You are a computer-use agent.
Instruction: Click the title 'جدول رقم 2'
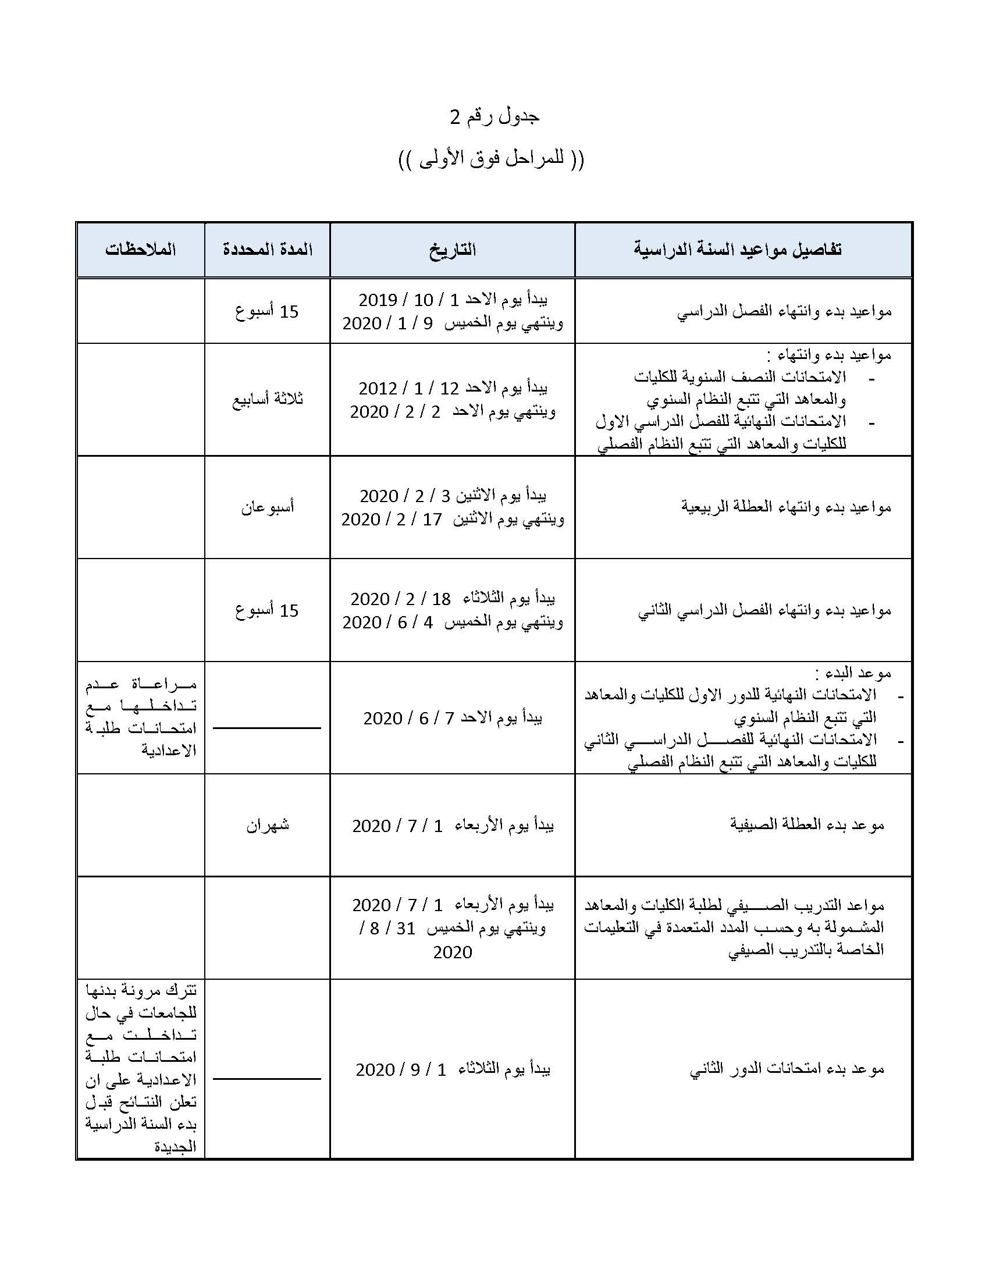(494, 117)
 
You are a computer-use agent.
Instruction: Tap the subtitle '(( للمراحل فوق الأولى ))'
(491, 159)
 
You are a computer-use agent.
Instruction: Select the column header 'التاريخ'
(452, 250)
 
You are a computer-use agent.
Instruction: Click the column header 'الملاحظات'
(141, 250)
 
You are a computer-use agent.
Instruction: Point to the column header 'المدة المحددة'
(267, 250)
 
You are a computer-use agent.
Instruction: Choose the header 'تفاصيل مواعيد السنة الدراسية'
(738, 250)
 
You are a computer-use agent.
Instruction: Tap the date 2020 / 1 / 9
(387, 323)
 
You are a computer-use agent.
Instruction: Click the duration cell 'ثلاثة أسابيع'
(267, 400)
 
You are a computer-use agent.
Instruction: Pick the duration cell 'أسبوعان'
(267, 507)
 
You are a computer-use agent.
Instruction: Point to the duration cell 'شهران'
(267, 825)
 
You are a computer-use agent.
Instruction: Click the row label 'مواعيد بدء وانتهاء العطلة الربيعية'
(786, 507)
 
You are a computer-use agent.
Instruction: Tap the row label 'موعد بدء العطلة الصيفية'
(806, 825)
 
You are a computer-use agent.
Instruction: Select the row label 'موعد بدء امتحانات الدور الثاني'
(787, 1069)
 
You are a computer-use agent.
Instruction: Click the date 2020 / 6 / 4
(387, 623)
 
